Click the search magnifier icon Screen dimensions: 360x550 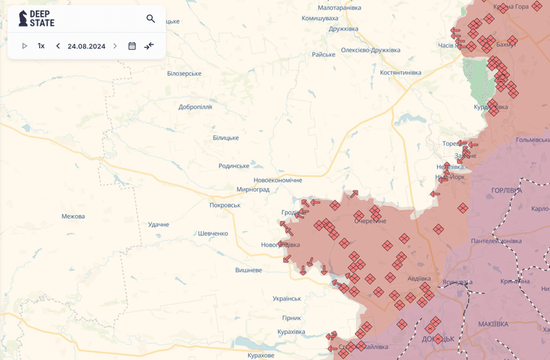tap(151, 19)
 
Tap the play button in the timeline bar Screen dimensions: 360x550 tap(25, 46)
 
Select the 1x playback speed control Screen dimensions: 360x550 tap(41, 46)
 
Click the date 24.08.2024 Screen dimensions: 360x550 tap(86, 46)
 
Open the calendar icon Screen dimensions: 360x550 tap(132, 46)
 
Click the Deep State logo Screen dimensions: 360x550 tap(36, 19)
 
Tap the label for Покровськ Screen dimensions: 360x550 tap(225, 205)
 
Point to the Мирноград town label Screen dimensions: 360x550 tap(253, 190)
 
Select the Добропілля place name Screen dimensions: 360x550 tap(195, 107)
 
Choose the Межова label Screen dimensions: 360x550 tap(74, 216)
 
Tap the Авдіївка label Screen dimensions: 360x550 tap(418, 279)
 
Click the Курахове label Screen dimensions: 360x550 tap(261, 356)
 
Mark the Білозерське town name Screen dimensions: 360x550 tap(184, 74)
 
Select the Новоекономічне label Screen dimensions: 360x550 tap(278, 181)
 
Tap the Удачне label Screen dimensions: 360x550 tap(158, 225)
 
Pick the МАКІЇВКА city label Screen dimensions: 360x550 tap(494, 324)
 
